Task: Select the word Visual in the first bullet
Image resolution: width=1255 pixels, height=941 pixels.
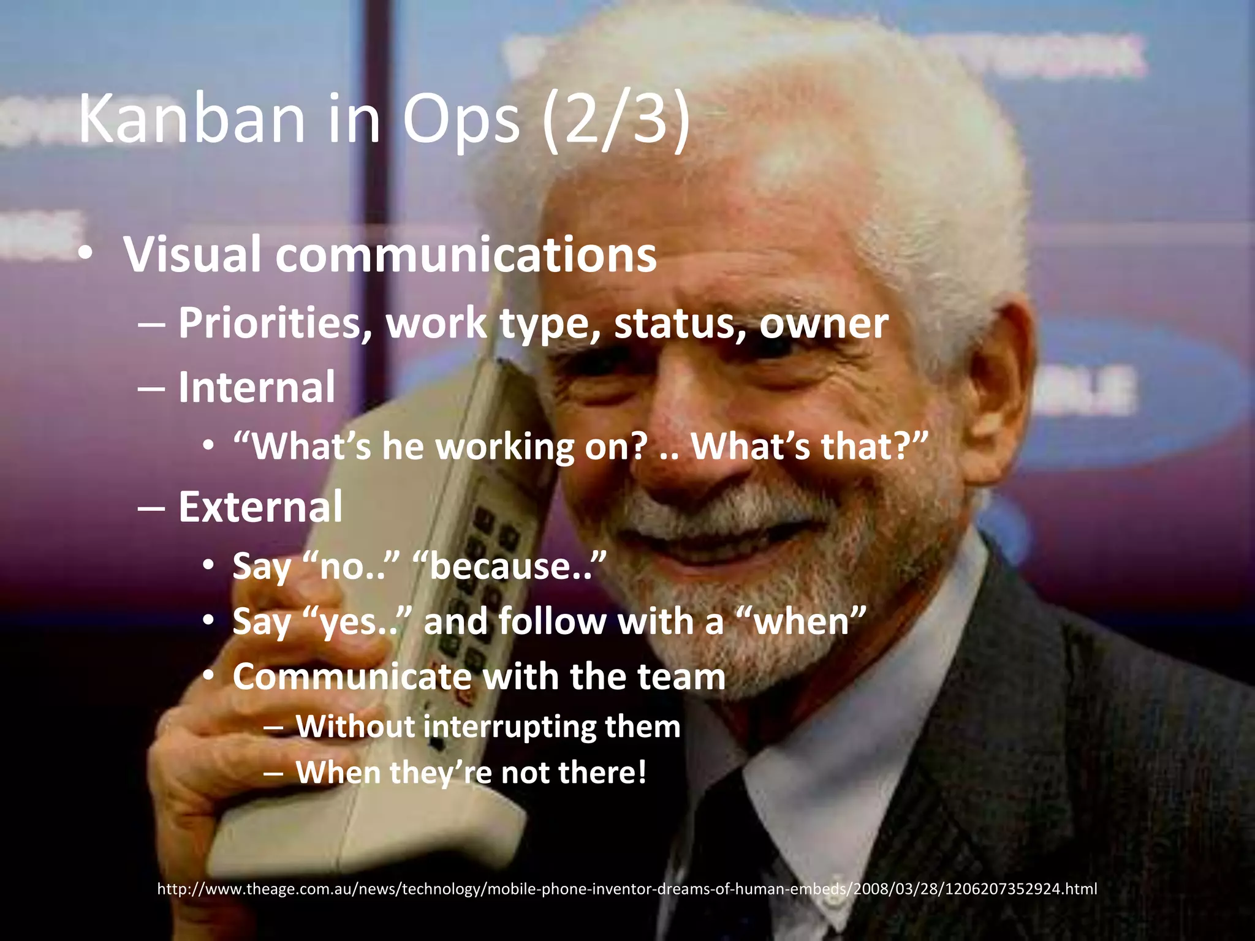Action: tap(193, 255)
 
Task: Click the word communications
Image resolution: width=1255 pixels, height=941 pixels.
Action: tap(466, 255)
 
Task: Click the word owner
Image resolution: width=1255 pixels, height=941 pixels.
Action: tap(824, 323)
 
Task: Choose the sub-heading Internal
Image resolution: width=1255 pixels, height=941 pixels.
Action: tap(257, 387)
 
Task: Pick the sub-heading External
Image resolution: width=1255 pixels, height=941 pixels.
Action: tap(260, 507)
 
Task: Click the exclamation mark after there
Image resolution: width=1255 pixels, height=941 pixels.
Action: tap(642, 772)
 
